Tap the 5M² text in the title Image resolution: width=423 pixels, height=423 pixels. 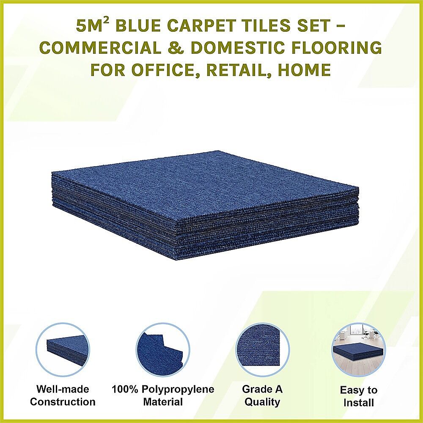point(92,26)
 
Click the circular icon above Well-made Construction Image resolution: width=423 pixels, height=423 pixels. point(63,350)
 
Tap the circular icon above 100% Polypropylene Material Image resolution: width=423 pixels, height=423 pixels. point(162,350)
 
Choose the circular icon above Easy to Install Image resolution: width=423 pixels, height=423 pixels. point(359,350)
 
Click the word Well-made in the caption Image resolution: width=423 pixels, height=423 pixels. point(63,389)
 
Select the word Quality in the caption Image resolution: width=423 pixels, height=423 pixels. point(262,402)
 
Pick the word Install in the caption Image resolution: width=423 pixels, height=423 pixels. point(359,403)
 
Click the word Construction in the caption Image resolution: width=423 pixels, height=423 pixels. point(63,402)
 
